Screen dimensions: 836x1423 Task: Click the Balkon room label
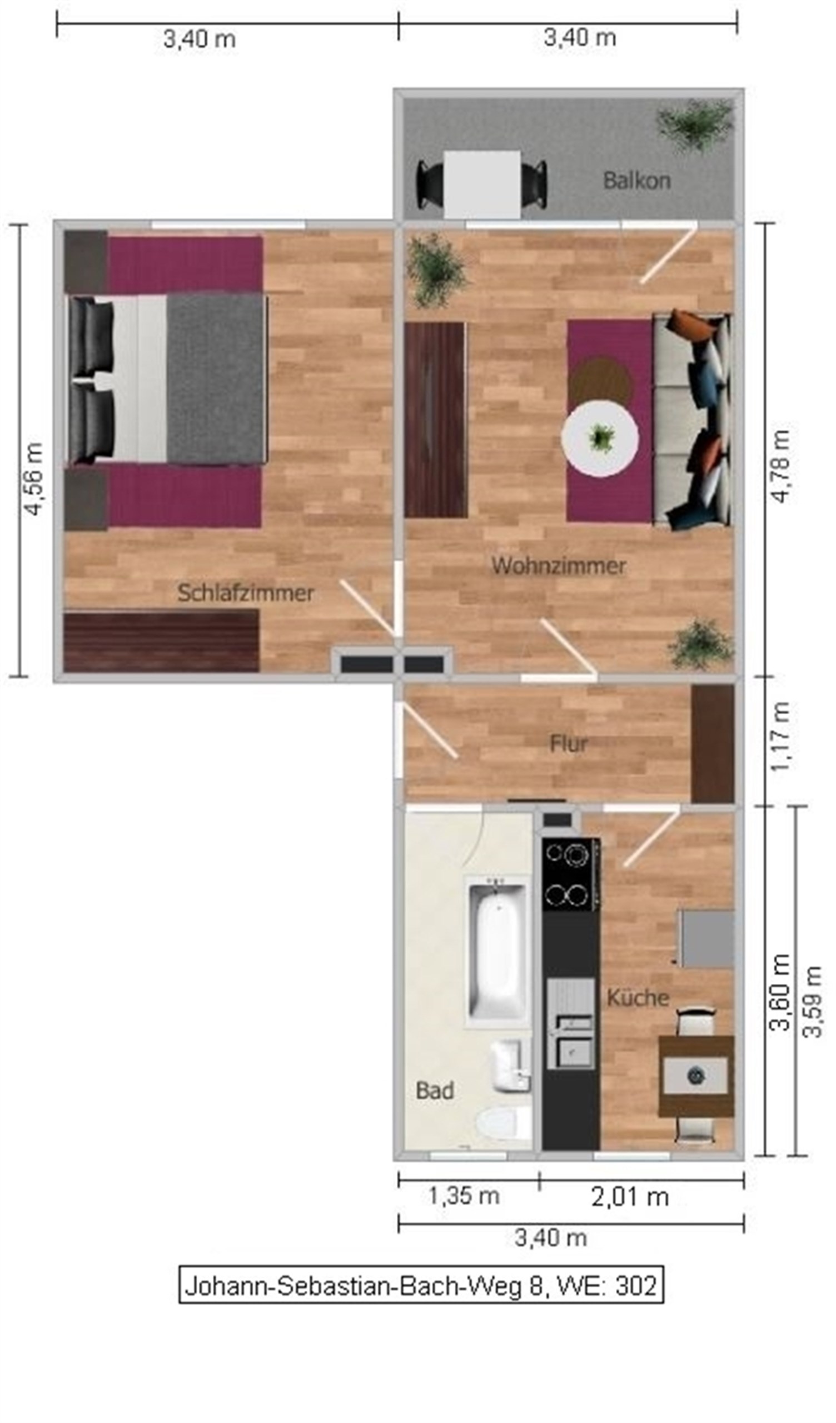[x=636, y=181]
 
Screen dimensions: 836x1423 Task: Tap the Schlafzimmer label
[x=246, y=593]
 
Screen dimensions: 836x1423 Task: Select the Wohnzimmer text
[x=559, y=566]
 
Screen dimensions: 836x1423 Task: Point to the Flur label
[x=569, y=744]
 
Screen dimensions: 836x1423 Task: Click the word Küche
[x=638, y=998]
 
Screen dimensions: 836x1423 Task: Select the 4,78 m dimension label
[x=781, y=465]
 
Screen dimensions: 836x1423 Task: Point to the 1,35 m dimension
[x=464, y=1196]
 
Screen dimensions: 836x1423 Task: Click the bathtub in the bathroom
[x=497, y=952]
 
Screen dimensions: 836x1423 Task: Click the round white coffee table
[x=600, y=438]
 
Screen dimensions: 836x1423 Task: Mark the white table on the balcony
[x=482, y=185]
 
